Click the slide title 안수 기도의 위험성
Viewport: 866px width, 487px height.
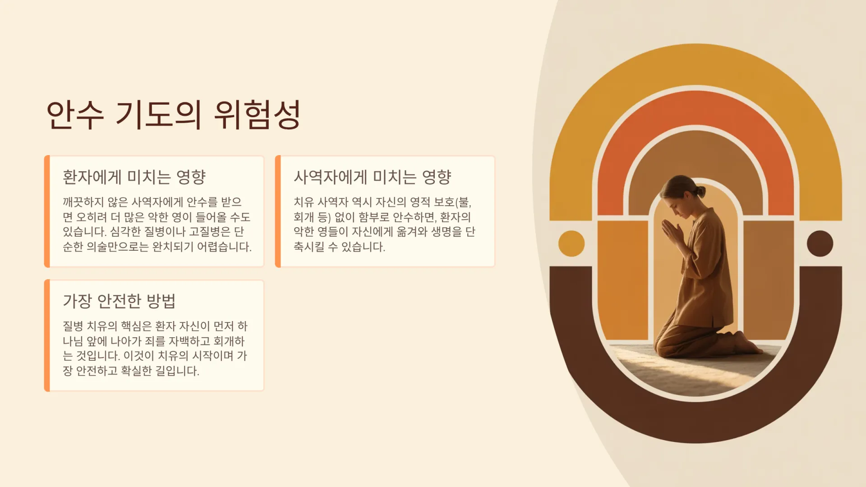coord(174,115)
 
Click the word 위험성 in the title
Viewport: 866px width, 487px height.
coord(257,115)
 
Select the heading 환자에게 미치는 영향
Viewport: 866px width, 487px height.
coord(134,177)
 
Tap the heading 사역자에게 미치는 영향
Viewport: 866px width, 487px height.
coord(372,177)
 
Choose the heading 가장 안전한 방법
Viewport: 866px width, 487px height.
coord(119,301)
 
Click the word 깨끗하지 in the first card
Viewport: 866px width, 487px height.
coord(83,202)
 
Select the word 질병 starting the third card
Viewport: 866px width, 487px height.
coord(73,326)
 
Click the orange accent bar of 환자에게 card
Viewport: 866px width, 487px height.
coord(47,211)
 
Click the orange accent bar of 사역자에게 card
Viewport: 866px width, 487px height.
coord(278,211)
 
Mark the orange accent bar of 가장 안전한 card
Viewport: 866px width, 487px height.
coord(47,335)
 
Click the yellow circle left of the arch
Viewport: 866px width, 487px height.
coord(571,243)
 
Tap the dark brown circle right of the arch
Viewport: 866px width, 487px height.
coord(820,243)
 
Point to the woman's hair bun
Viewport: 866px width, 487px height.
coord(700,191)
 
